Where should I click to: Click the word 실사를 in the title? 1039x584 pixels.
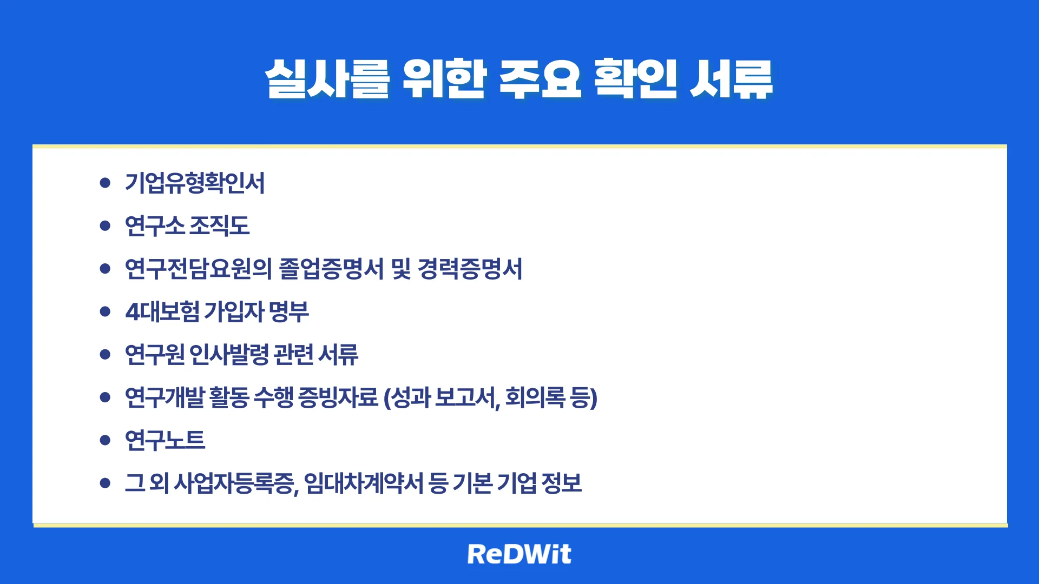point(327,79)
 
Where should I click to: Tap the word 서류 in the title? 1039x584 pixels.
point(731,79)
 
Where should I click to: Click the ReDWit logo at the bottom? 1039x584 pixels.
point(519,554)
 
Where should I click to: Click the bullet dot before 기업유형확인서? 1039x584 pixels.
point(105,183)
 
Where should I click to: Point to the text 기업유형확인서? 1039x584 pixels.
point(195,183)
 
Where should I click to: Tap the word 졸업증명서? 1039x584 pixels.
point(331,269)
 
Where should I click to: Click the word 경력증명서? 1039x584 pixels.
point(470,269)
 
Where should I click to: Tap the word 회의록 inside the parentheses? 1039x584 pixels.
point(535,397)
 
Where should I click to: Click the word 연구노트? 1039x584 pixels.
point(165,440)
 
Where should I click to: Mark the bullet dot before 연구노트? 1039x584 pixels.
point(105,440)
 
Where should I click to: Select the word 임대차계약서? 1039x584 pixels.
point(363,483)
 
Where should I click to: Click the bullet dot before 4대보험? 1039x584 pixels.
point(105,311)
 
